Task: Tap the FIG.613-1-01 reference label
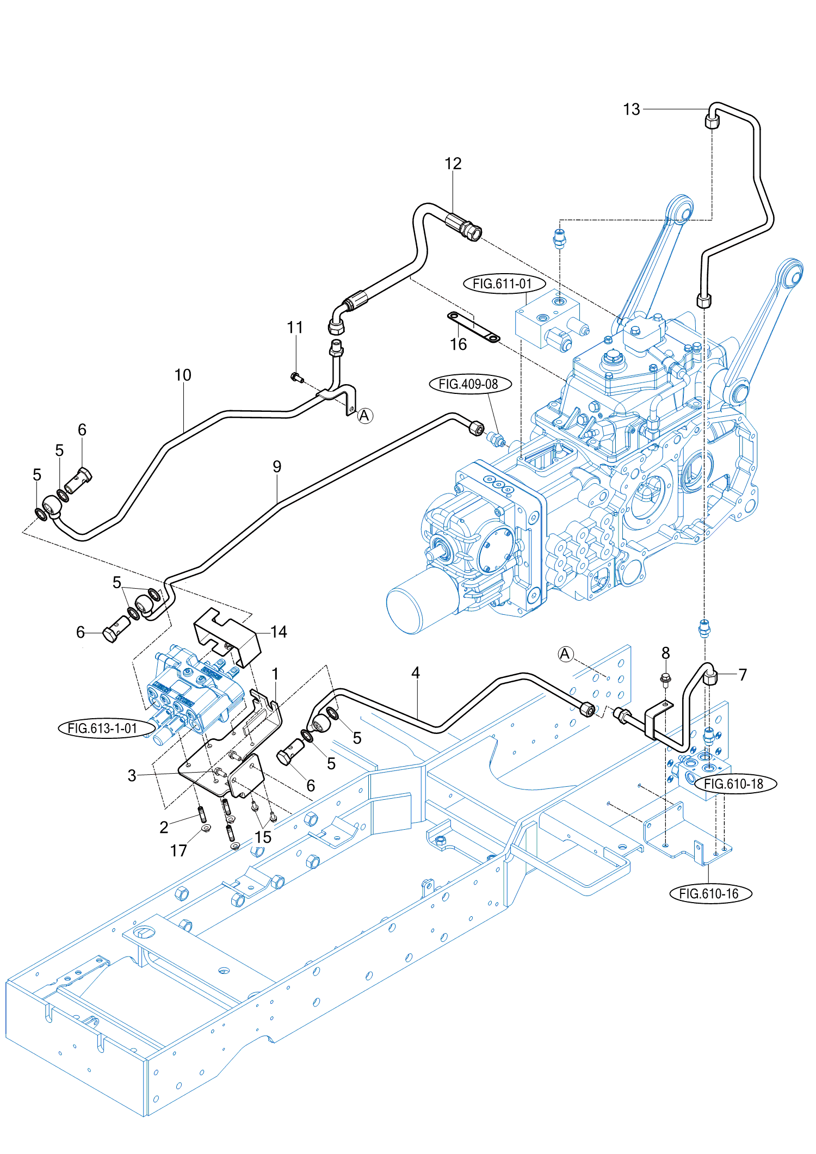pyautogui.click(x=102, y=728)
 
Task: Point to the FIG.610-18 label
pyautogui.click(x=734, y=783)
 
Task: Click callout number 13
pyautogui.click(x=631, y=109)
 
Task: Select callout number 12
pyautogui.click(x=453, y=163)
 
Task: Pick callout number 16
pyautogui.click(x=458, y=344)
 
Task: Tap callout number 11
pyautogui.click(x=295, y=327)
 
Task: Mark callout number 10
pyautogui.click(x=183, y=375)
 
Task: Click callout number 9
pyautogui.click(x=277, y=466)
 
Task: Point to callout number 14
pyautogui.click(x=279, y=631)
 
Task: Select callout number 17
pyautogui.click(x=178, y=850)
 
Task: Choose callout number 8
pyautogui.click(x=665, y=652)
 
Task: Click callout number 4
pyautogui.click(x=416, y=672)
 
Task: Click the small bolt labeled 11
pyautogui.click(x=296, y=377)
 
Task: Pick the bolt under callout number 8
pyautogui.click(x=666, y=679)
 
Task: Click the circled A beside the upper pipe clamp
pyautogui.click(x=364, y=416)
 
